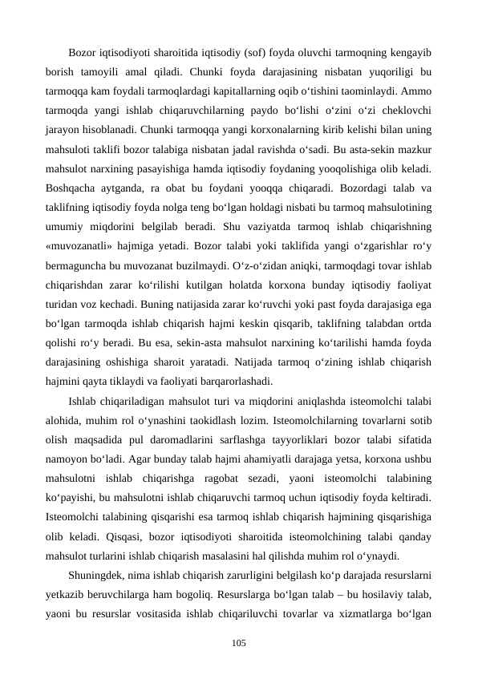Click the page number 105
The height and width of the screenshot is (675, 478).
[238, 644]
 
